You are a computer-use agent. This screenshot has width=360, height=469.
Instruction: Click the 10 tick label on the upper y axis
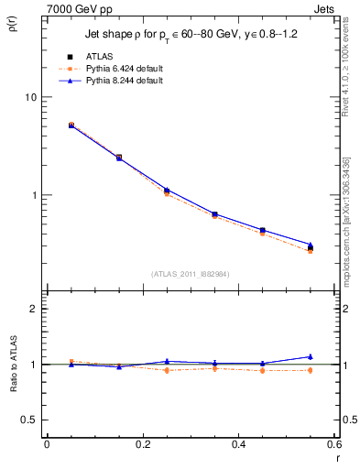[x=30, y=97]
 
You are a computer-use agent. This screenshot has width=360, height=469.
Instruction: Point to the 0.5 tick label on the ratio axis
[x=29, y=420]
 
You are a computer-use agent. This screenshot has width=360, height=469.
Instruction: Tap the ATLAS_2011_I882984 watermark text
[x=191, y=274]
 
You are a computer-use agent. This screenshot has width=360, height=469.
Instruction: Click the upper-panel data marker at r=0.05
[x=71, y=125]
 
